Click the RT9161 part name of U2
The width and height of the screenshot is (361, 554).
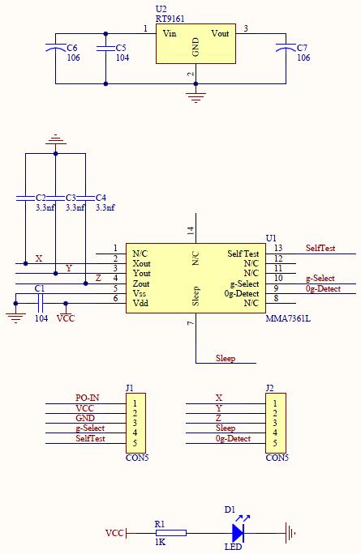170,19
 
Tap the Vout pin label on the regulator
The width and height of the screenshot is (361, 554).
220,33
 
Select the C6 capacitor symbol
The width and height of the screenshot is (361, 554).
55,47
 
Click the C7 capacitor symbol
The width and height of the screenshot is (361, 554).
286,47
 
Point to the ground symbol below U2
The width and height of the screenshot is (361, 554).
196,97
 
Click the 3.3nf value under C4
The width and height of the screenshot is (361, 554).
105,207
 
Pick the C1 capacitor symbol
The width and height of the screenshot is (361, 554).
40,303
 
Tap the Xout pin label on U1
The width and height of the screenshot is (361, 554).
142,263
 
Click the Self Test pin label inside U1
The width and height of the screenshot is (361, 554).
243,254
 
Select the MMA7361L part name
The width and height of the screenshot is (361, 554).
288,318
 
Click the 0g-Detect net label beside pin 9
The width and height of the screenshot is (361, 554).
323,288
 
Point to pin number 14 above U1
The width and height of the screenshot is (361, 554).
191,231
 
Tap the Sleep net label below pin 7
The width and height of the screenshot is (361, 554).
226,358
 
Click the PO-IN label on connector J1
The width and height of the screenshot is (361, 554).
88,398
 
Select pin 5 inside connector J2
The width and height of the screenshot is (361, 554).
275,443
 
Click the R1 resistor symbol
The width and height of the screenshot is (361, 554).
171,533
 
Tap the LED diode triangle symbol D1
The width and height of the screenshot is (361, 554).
238,533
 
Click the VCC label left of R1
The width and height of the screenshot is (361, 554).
114,533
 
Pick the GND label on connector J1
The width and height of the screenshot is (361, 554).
85,418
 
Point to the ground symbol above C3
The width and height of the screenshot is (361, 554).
55,139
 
